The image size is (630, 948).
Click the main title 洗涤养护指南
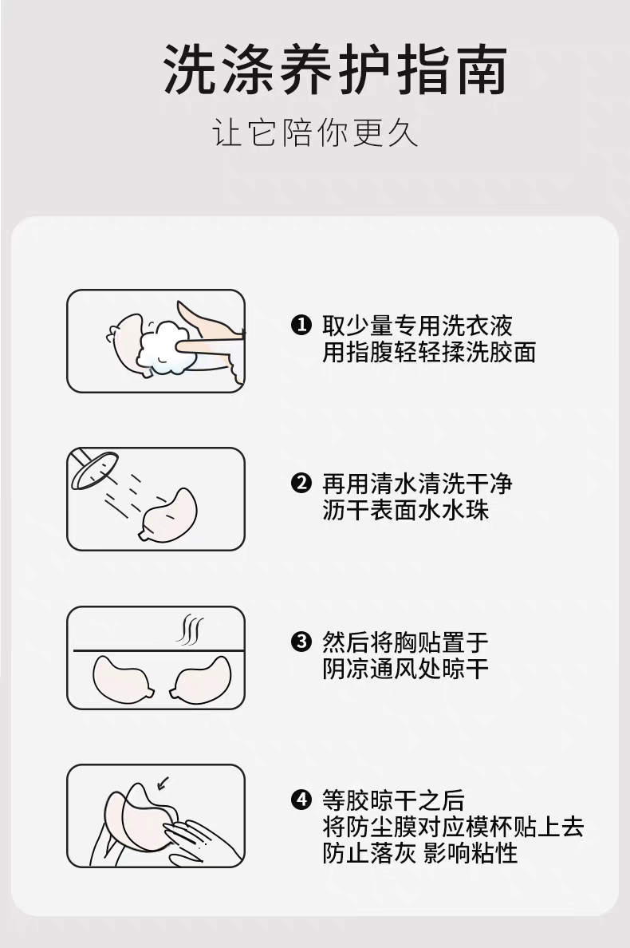335,69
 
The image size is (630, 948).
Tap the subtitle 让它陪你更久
315,133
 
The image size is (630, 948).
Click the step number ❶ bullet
301,326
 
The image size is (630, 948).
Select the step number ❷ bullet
301,484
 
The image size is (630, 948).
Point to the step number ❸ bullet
301,642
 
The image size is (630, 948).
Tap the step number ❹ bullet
301,800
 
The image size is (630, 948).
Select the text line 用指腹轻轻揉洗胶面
429,352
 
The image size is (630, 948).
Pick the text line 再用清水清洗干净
417,484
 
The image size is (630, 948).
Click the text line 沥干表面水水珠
405,510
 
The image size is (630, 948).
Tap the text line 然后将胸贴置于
405,642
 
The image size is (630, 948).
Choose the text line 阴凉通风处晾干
405,669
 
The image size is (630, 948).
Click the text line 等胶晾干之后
393,800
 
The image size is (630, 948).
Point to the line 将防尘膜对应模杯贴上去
453,826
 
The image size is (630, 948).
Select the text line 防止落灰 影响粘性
420,852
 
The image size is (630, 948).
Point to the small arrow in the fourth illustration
163,784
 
